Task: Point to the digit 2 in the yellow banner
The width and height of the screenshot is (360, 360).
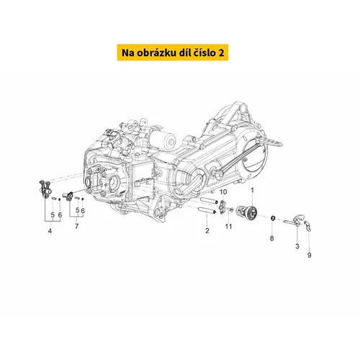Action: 221,53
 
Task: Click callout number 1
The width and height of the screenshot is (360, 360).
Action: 252,190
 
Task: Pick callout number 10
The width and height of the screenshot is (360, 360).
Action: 223,192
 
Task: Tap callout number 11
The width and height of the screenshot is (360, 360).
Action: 228,226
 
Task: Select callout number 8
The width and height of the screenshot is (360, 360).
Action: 271,238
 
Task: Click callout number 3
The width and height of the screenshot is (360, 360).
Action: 297,246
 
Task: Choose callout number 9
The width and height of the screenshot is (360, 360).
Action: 309,255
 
